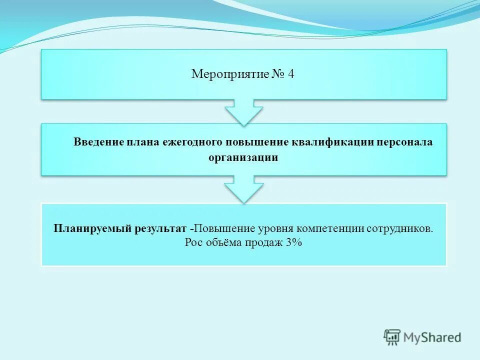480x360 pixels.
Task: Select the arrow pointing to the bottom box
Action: click(x=243, y=189)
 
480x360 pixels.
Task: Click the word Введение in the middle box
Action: click(x=98, y=141)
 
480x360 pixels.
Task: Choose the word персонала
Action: click(x=405, y=141)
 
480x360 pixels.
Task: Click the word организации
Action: click(x=243, y=157)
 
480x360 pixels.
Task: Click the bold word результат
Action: click(x=160, y=228)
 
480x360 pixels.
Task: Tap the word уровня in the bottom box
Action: click(x=276, y=228)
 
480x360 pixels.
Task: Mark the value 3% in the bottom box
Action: click(x=295, y=243)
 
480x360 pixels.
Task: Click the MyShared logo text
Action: click(x=432, y=337)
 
